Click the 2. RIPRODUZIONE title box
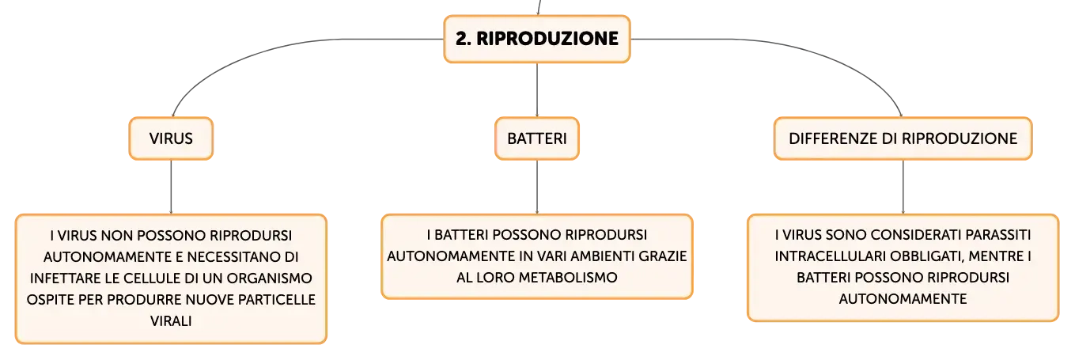[536, 39]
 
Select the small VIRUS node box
[171, 138]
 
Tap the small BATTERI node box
[537, 138]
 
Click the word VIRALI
[171, 320]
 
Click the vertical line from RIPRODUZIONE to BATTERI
[537, 89]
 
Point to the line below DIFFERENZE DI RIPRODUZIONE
[903, 187]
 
